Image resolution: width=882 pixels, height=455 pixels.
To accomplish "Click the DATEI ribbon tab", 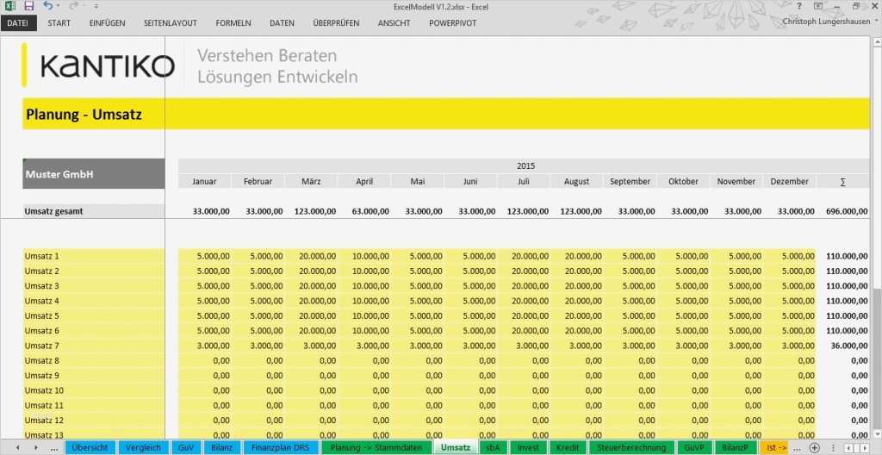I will click(17, 22).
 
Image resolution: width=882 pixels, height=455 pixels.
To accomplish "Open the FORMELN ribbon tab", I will click(233, 22).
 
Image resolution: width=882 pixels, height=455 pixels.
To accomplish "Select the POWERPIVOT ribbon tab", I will click(453, 22).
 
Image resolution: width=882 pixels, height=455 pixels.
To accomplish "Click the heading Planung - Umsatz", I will click(84, 114).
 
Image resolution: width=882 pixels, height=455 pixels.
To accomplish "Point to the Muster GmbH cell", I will click(59, 174).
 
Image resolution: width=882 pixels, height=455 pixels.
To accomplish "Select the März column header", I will click(311, 182).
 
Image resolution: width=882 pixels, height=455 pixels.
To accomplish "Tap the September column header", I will click(630, 182).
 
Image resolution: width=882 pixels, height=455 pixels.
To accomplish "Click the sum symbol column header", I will click(842, 182).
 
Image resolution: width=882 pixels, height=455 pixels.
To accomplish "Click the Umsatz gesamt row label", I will click(54, 211).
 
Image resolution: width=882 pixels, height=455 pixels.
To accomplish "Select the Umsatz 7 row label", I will click(42, 346).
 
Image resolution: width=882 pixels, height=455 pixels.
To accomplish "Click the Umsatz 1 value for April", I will click(364, 256).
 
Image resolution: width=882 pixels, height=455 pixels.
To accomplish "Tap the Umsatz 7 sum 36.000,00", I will click(848, 346).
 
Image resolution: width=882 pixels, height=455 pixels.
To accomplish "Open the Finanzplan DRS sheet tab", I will click(280, 448).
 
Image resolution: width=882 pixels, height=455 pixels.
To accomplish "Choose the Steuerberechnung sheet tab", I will click(632, 448).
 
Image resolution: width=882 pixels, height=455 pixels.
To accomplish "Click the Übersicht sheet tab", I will click(90, 448).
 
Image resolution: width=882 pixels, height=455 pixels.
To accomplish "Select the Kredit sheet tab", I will click(568, 448).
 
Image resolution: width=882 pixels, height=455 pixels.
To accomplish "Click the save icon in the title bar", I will click(28, 6).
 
